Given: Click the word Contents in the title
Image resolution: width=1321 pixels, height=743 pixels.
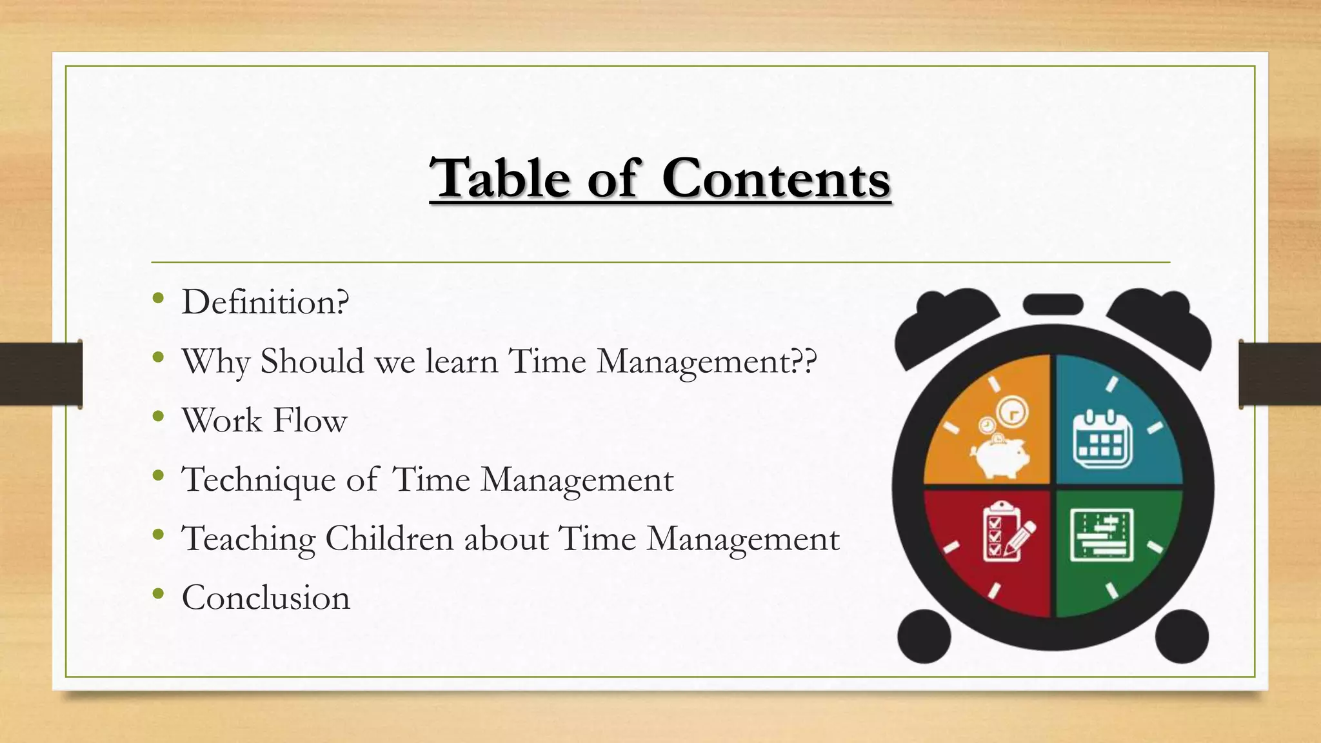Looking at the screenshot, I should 776,178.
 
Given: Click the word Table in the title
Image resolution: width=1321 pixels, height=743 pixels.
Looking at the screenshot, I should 500,178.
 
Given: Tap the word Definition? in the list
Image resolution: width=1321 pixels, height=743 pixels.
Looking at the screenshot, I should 265,302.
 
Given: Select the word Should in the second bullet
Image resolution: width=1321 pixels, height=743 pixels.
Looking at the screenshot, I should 312,361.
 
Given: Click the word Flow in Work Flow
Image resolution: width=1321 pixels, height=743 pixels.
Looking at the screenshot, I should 310,420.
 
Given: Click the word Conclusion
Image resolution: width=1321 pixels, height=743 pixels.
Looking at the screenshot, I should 266,597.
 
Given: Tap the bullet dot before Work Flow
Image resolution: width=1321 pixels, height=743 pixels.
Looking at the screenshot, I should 159,417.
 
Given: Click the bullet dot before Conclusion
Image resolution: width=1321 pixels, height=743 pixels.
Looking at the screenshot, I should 159,594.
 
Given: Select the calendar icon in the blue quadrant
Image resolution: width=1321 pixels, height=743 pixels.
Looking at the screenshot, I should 1102,439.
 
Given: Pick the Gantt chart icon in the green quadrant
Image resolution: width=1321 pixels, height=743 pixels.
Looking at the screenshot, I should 1102,535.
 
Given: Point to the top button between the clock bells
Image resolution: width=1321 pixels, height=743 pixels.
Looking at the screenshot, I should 1053,304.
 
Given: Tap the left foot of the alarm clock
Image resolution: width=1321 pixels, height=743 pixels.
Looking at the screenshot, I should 924,636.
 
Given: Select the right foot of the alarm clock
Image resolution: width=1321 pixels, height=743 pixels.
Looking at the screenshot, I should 1181,636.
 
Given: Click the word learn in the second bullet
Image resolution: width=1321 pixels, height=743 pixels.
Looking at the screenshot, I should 461,361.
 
